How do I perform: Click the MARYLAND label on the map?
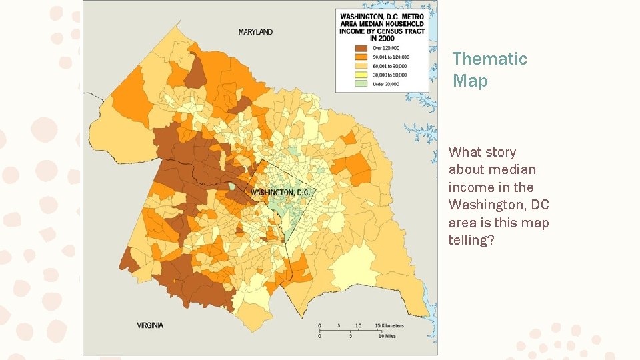pyautogui.click(x=255, y=31)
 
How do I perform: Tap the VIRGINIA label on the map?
pyautogui.click(x=150, y=325)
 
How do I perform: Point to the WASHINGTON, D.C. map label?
pyautogui.click(x=280, y=193)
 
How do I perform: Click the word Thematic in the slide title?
pyautogui.click(x=489, y=59)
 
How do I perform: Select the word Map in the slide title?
pyautogui.click(x=470, y=81)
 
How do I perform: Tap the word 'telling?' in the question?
pyautogui.click(x=471, y=240)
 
